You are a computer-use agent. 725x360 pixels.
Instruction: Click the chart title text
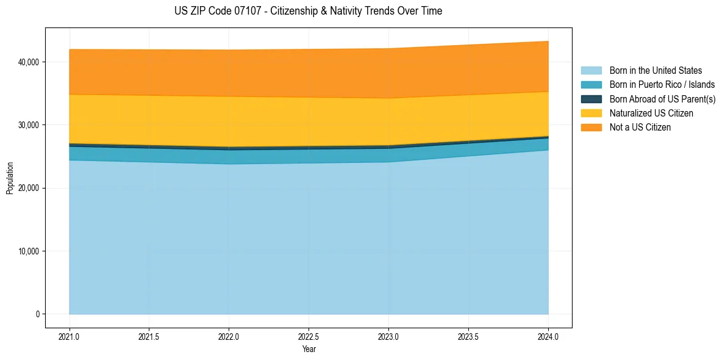click(308, 11)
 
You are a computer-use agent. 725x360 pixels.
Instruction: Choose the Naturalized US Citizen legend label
click(651, 113)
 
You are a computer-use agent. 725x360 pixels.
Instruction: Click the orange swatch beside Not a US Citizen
click(591, 128)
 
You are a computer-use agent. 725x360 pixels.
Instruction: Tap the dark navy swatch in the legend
click(591, 99)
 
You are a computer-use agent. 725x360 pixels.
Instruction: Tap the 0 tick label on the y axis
click(37, 314)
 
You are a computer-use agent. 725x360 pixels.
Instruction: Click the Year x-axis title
click(309, 350)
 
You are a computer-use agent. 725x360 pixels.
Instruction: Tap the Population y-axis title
click(10, 178)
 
